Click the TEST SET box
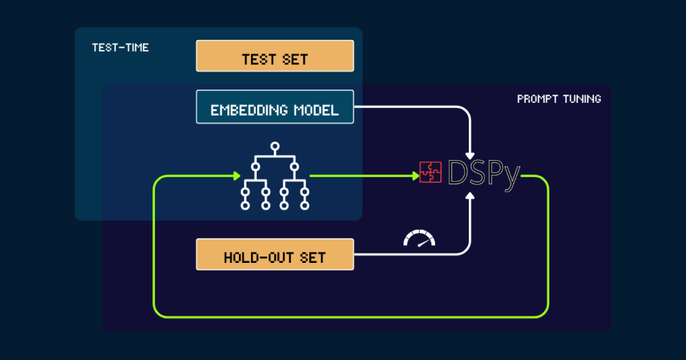tap(274, 56)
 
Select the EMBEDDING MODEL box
tap(274, 107)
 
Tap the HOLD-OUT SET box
tap(274, 254)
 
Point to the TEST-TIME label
tap(120, 48)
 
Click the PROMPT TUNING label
tap(559, 99)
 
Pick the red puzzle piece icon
tap(430, 172)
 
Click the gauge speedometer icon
tap(420, 238)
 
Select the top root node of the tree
tap(274, 147)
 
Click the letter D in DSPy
tap(459, 171)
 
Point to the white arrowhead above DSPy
tap(470, 154)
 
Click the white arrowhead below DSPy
tap(470, 196)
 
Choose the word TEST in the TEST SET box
tap(259, 60)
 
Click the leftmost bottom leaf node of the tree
tap(245, 205)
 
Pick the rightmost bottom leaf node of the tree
tap(305, 205)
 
